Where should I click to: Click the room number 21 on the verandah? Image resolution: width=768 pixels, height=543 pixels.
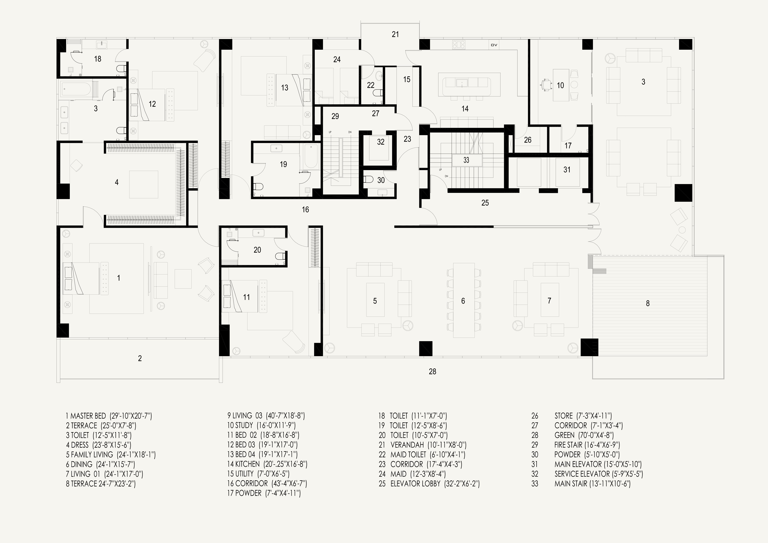click(395, 34)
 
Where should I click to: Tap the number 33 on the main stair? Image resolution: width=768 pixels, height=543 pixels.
click(466, 160)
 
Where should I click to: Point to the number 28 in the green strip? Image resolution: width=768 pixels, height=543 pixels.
click(432, 371)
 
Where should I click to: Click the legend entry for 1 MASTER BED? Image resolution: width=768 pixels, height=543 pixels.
click(109, 416)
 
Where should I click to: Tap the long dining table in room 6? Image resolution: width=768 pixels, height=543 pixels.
click(464, 300)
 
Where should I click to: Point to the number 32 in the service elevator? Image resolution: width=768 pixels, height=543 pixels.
click(381, 142)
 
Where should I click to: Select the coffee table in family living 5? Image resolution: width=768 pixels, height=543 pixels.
click(375, 300)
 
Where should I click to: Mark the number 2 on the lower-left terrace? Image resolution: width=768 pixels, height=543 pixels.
click(140, 358)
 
